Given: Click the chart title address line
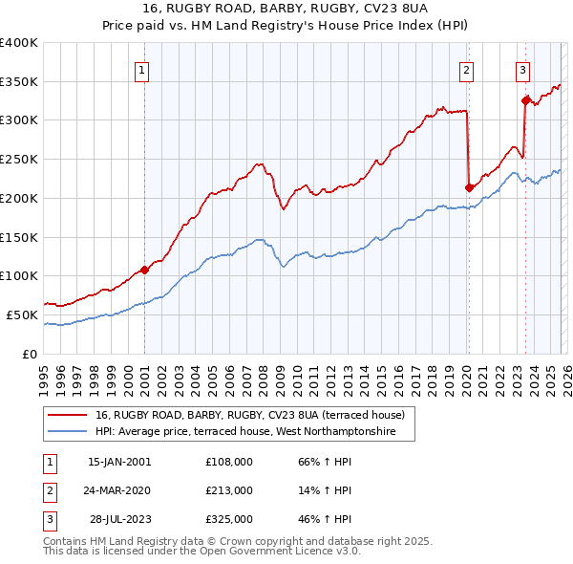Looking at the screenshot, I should pyautogui.click(x=286, y=9).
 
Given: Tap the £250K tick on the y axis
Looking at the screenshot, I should pyautogui.click(x=19, y=159).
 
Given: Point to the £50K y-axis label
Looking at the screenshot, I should pyautogui.click(x=22, y=315).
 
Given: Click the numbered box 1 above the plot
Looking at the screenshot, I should pyautogui.click(x=141, y=69).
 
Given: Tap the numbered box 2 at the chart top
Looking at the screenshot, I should pyautogui.click(x=466, y=69).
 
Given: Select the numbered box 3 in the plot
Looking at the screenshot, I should pyautogui.click(x=522, y=69).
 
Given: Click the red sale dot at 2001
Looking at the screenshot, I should pyautogui.click(x=144, y=270).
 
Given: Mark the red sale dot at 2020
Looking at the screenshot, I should pyautogui.click(x=469, y=187).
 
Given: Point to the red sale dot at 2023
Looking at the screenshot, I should pyautogui.click(x=525, y=100).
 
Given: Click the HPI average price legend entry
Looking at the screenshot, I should pyautogui.click(x=254, y=432).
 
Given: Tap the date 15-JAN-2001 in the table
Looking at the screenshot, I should pyautogui.click(x=119, y=461).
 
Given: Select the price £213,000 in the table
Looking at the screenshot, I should pyautogui.click(x=228, y=490).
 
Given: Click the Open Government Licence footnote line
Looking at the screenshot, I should pyautogui.click(x=203, y=552).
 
